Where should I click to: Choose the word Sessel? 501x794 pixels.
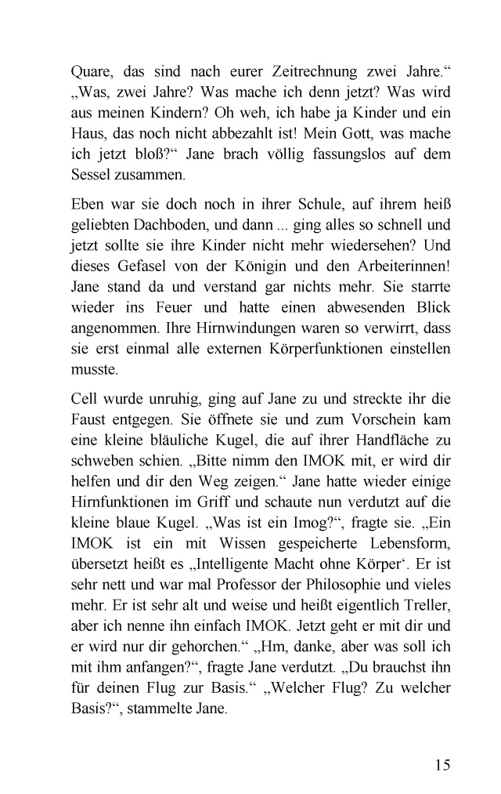click(92, 173)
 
